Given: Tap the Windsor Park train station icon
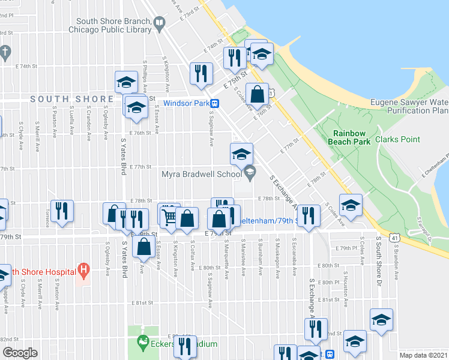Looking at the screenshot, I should [214, 103].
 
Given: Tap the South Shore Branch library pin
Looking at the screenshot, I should [158, 24].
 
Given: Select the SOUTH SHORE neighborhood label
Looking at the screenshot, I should [72, 99].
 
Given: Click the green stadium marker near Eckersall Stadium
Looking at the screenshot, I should [143, 343].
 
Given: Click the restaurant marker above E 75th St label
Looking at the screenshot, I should [233, 58].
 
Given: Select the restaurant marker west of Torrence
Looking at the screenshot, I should [62, 211].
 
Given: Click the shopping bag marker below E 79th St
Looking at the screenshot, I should [143, 247].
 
